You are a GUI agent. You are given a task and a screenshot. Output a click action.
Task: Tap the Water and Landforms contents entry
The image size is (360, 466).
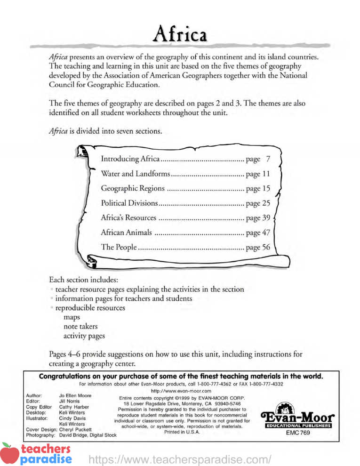tap(136, 174)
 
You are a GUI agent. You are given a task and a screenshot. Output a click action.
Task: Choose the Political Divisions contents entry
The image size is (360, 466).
tap(129, 203)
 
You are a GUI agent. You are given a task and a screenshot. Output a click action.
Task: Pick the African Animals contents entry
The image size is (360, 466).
tap(127, 233)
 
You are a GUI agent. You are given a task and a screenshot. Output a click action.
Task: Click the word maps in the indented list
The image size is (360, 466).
tap(72, 318)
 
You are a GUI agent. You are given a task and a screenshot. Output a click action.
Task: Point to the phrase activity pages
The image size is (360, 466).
tap(84, 336)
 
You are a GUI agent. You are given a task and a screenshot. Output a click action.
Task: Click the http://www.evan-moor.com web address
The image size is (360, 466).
tap(180, 391)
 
